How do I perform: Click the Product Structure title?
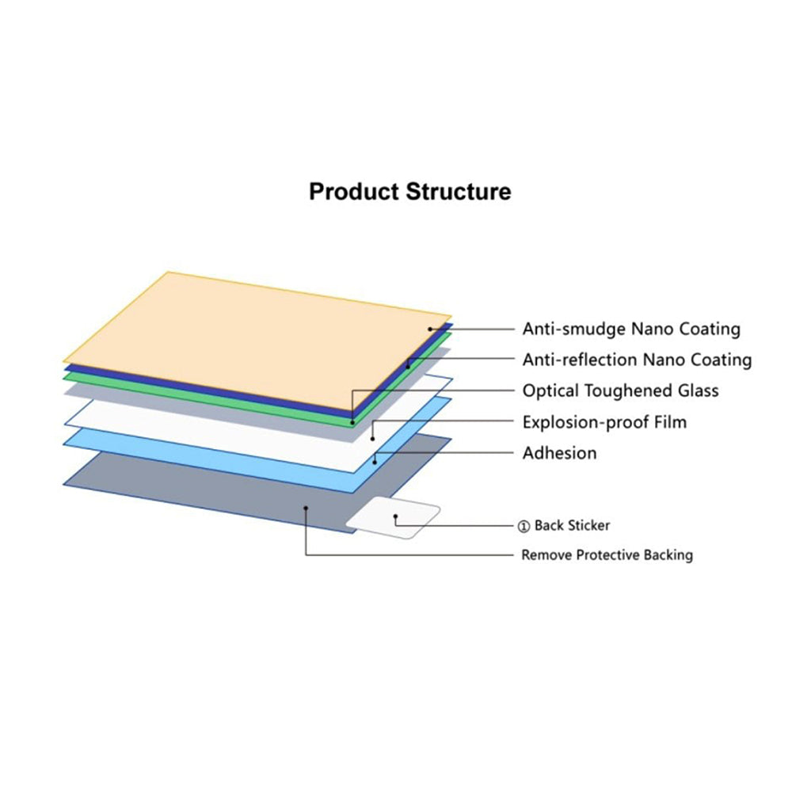[409, 192]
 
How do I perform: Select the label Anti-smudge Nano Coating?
[631, 329]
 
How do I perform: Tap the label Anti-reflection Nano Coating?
[637, 360]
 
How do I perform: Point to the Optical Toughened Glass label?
[620, 390]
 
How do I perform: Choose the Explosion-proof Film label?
[604, 422]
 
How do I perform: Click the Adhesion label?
[560, 453]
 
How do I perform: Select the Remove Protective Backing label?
[607, 555]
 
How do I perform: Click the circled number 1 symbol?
[524, 527]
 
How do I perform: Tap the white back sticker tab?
[393, 518]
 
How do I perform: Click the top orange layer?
[257, 341]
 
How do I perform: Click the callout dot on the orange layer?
[430, 329]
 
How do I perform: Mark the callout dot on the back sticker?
[395, 516]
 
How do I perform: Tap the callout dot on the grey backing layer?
[306, 508]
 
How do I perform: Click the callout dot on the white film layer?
[373, 439]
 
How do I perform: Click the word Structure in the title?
[458, 192]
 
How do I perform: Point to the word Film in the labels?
[671, 422]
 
